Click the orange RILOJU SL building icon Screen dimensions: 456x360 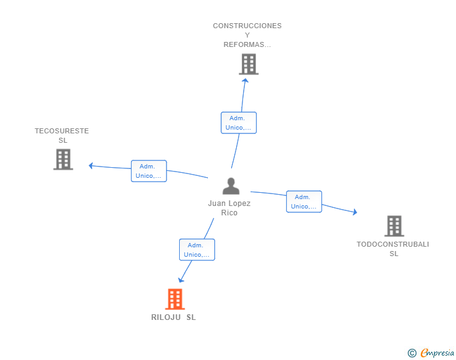click(175, 299)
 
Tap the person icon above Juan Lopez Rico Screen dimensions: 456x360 click(231, 186)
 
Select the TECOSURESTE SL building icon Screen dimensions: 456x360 click(63, 160)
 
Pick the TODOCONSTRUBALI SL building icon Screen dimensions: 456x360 click(395, 226)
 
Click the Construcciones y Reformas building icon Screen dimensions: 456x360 click(249, 64)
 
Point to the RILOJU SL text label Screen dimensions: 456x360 click(174, 317)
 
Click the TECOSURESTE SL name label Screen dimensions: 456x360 click(62, 135)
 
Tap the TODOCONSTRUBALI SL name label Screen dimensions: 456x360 click(393, 249)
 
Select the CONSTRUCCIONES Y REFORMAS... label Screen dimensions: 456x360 click(247, 35)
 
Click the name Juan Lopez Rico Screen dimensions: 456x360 click(229, 208)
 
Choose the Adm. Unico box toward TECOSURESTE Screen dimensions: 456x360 click(149, 171)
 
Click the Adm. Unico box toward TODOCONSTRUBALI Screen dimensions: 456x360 click(304, 202)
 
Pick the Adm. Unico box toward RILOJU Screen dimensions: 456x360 click(197, 250)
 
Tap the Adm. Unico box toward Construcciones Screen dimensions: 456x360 click(239, 123)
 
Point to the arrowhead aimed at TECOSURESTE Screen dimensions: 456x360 click(91, 165)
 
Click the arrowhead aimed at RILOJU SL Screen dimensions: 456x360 click(181, 280)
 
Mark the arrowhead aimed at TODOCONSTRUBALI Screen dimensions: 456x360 click(355, 212)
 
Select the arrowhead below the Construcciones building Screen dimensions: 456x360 click(245, 81)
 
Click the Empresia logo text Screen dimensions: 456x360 click(437, 353)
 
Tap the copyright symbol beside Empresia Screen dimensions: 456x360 click(412, 353)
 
